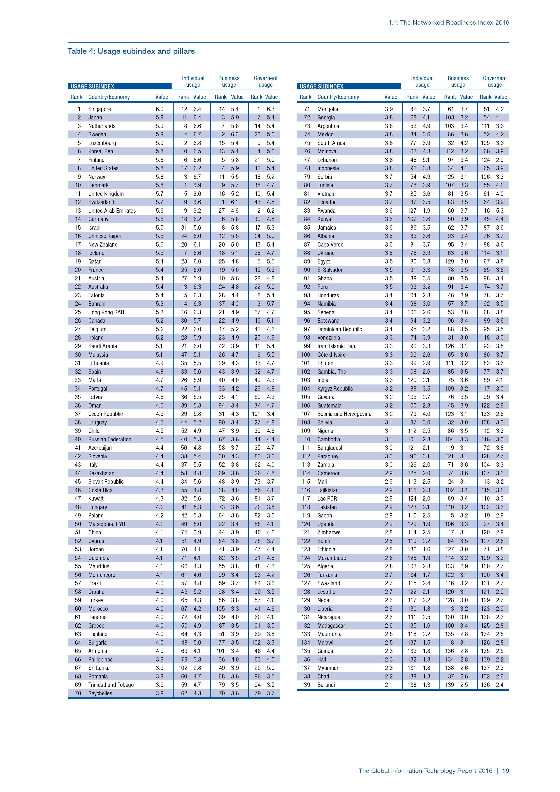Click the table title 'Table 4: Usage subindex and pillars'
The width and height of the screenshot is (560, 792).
point(131,51)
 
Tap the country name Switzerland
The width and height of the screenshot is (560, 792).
point(101,202)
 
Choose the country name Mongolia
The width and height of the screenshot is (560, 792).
point(328,109)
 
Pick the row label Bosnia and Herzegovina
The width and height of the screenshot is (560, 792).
point(344,414)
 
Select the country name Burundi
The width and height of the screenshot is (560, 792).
point(326,685)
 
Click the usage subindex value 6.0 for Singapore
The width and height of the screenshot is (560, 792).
point(159,109)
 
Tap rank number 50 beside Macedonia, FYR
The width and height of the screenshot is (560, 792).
point(78,524)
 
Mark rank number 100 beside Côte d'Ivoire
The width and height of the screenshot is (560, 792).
point(306,355)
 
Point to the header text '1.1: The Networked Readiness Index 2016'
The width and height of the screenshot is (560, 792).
point(449,23)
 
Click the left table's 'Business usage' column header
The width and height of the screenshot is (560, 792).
point(229,82)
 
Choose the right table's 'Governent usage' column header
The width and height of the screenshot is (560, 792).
point(495,82)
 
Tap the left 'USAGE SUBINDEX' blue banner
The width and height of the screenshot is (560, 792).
point(119,86)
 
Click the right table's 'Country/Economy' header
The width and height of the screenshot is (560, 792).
point(338,97)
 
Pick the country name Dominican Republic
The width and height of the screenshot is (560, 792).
point(340,329)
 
